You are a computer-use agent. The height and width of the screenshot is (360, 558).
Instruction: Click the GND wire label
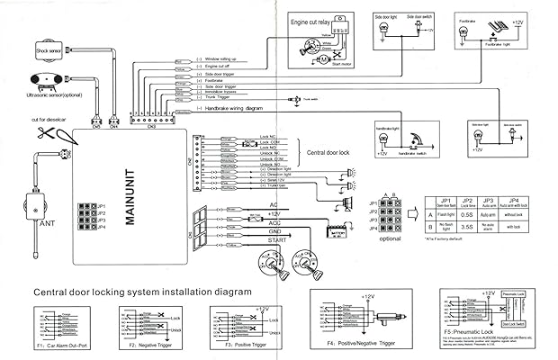[275, 232]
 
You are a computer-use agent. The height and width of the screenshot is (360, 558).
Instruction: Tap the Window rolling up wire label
[226, 58]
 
